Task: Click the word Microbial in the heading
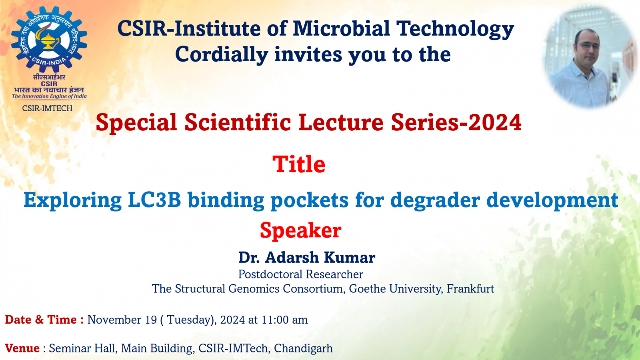click(x=341, y=29)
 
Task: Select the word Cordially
click(x=221, y=55)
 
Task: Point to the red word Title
click(x=299, y=164)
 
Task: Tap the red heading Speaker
click(x=300, y=230)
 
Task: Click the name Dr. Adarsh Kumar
click(x=307, y=258)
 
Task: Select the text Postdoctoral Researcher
click(x=300, y=274)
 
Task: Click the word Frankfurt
click(x=470, y=289)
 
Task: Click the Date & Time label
click(x=44, y=320)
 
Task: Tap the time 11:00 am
click(x=284, y=320)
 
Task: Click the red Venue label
click(x=22, y=348)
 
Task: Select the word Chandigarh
click(x=303, y=348)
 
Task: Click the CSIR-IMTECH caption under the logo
click(x=47, y=108)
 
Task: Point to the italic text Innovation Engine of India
click(x=54, y=96)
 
